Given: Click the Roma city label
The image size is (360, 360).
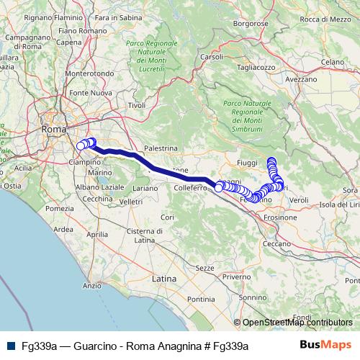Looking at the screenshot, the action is [54, 130].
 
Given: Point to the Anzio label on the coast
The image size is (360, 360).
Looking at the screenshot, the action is [91, 286].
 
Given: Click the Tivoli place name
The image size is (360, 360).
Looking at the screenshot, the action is [137, 105].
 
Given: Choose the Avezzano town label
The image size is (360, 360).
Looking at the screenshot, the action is [302, 79].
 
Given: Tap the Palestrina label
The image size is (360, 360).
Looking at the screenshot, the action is [161, 148].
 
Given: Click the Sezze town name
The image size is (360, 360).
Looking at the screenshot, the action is [204, 267].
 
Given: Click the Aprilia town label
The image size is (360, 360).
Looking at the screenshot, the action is [96, 235].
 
